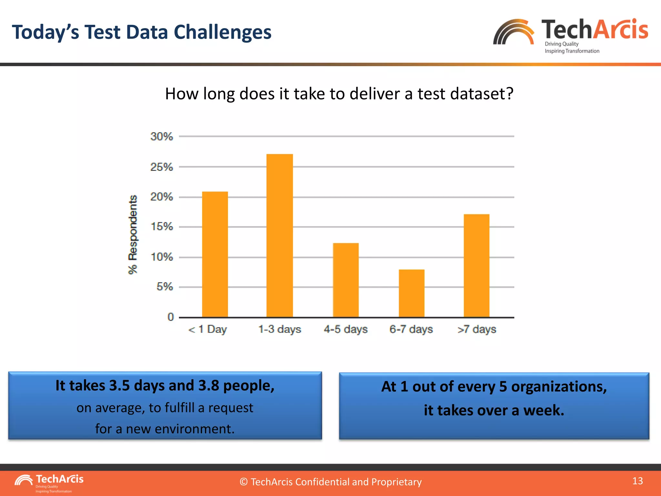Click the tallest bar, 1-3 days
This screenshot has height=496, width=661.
coord(280,236)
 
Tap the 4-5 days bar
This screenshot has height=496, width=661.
coord(346,280)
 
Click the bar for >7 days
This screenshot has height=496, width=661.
coord(476,265)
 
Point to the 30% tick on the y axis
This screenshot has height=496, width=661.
coord(161,137)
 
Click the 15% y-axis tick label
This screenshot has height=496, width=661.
coord(162,227)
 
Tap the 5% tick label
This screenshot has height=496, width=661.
coord(165,287)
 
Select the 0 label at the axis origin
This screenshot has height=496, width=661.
coord(170,317)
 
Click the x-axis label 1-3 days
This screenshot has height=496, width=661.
coord(280,329)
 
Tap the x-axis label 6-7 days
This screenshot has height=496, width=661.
coord(411,329)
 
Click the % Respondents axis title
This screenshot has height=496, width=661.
coord(133,235)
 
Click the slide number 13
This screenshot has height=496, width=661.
coord(637,481)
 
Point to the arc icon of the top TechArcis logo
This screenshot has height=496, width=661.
coord(514,32)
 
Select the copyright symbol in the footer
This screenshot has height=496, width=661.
coord(244,482)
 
